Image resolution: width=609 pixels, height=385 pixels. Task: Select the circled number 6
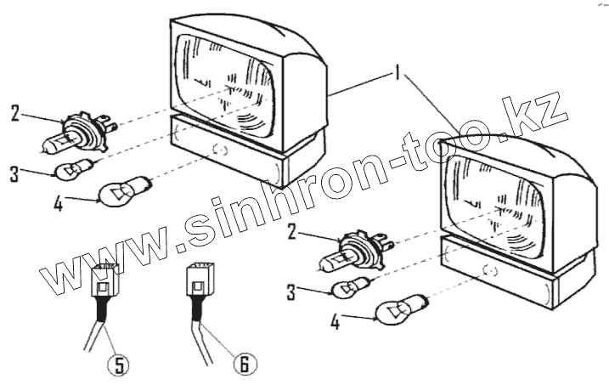pos(243,365)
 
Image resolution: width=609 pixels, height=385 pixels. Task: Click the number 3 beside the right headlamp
pos(290,293)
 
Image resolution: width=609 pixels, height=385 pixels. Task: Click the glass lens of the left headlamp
pos(226,78)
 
